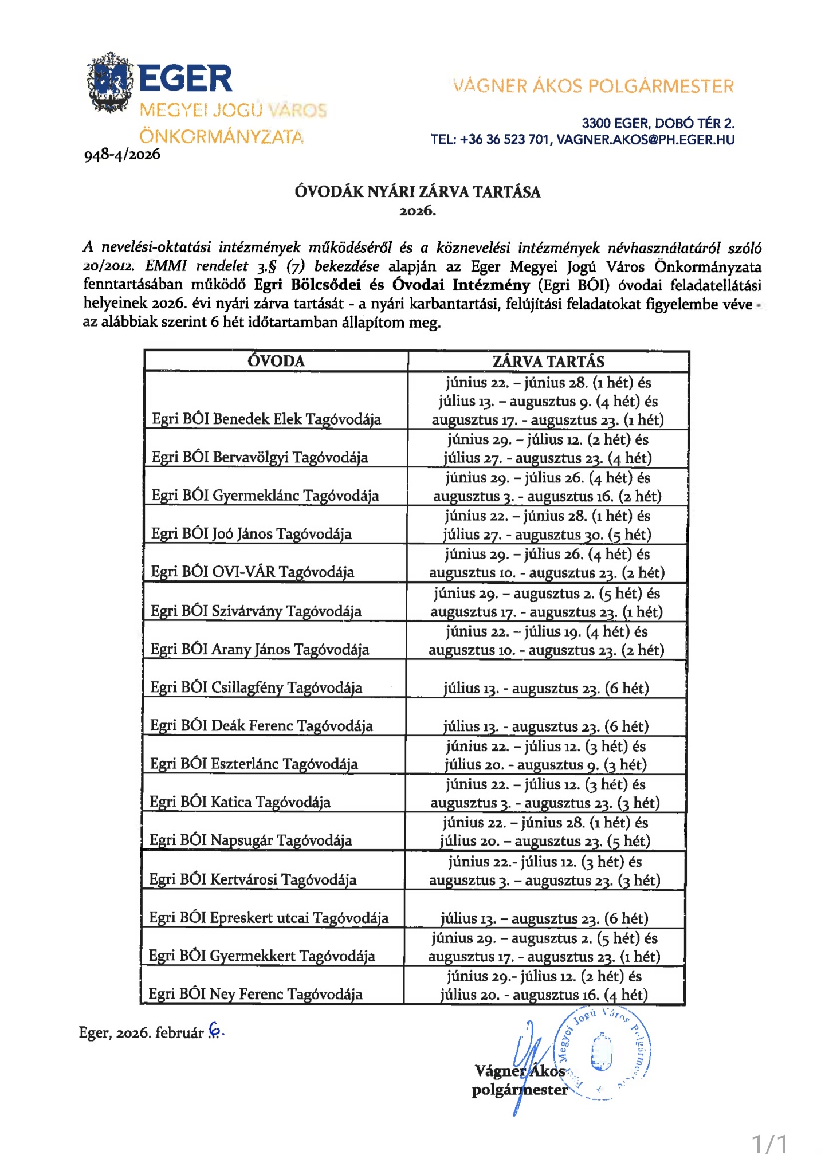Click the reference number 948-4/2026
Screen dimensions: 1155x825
tap(122, 155)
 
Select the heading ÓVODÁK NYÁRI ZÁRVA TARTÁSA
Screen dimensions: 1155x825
tap(417, 191)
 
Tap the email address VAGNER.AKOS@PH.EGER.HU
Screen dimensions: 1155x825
tap(645, 140)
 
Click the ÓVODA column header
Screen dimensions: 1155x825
tap(276, 361)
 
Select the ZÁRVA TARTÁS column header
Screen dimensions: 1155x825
tap(548, 362)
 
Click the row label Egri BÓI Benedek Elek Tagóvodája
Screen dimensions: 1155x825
tap(266, 419)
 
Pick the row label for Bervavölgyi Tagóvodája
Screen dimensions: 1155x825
tap(260, 457)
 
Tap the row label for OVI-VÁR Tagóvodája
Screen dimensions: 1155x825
tap(253, 572)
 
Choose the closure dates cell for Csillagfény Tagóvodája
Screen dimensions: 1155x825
tap(546, 688)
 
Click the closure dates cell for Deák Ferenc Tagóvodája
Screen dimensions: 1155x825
tap(546, 726)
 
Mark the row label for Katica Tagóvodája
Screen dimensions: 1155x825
tap(240, 802)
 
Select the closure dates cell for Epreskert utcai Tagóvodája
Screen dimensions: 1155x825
tap(544, 918)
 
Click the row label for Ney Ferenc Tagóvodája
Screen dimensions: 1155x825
tap(256, 994)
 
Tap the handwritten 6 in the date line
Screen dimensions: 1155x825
tap(215, 1030)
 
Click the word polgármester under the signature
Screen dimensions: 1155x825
tap(520, 1090)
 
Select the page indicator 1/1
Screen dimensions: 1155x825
tap(769, 1143)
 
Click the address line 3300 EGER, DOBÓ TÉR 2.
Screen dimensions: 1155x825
tap(658, 123)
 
